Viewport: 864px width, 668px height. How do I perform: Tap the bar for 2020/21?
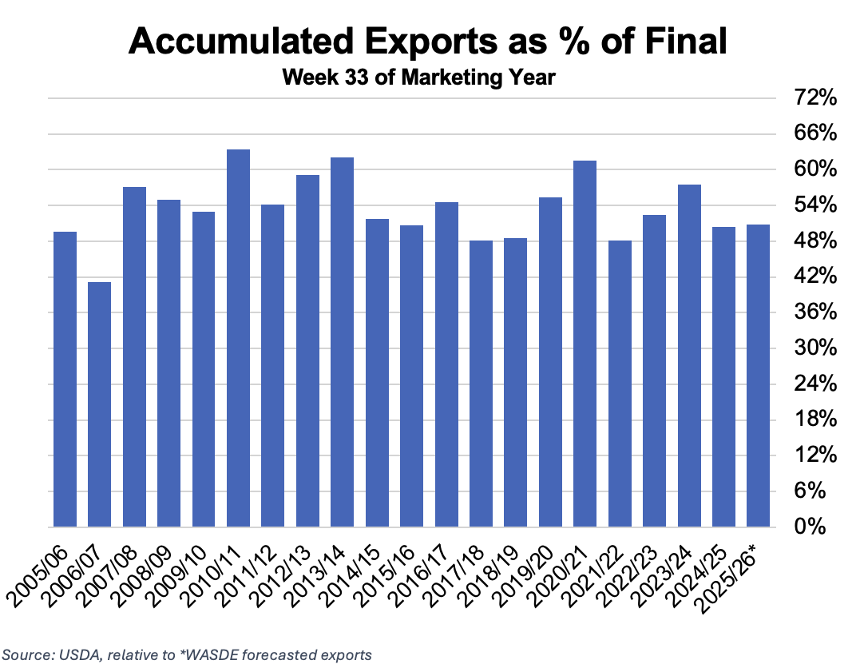point(585,344)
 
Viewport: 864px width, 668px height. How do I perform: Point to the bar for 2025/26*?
point(758,376)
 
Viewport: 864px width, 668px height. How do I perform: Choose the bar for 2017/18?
point(481,384)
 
